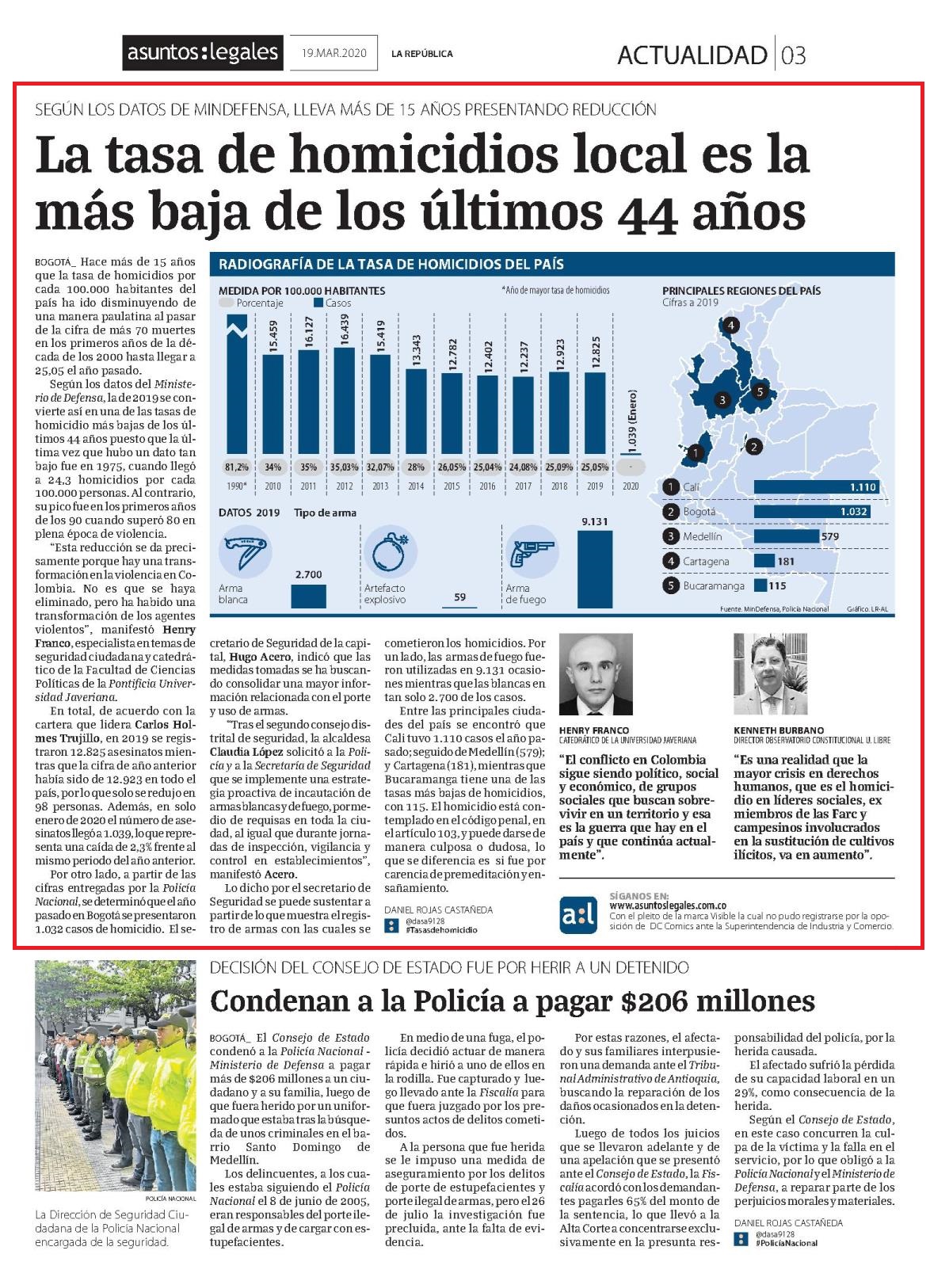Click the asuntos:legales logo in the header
[x=203, y=52]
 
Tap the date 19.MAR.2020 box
[x=334, y=52]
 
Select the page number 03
[x=793, y=55]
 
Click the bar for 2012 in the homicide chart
[x=344, y=400]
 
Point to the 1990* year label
[x=236, y=486]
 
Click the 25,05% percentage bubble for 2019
[x=595, y=467]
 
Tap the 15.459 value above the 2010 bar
[x=273, y=336]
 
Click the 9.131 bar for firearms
[x=595, y=569]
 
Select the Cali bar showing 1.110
[x=816, y=487]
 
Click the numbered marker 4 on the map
[x=730, y=326]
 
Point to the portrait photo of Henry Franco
[x=596, y=673]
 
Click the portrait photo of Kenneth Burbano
[x=771, y=673]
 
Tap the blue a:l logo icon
[x=578, y=915]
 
